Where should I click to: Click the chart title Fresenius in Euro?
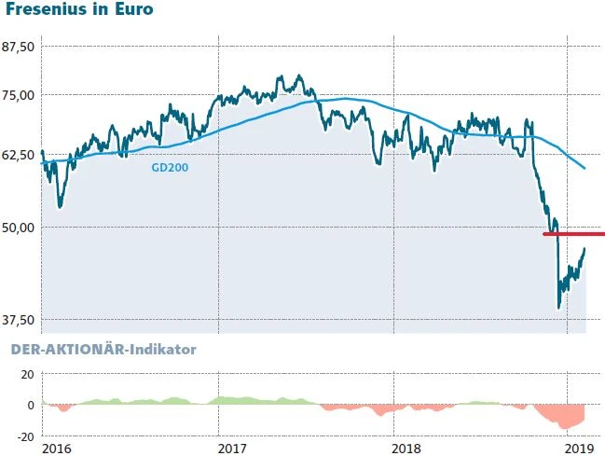click(79, 11)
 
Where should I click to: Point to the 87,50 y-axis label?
click(20, 47)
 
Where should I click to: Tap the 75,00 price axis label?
click(20, 94)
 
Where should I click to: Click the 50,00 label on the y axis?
click(20, 227)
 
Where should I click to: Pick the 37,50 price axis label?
click(20, 320)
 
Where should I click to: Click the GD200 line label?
click(169, 168)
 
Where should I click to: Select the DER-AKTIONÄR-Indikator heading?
click(103, 350)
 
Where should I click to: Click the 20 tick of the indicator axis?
click(26, 375)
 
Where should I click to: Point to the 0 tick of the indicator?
click(30, 405)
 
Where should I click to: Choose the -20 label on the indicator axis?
click(24, 435)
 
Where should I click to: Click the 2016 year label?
click(58, 449)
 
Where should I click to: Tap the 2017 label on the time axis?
click(232, 449)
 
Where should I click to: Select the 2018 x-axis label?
click(407, 449)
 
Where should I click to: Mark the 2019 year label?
click(580, 449)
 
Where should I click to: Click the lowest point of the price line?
click(558, 308)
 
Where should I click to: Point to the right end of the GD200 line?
click(584, 168)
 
